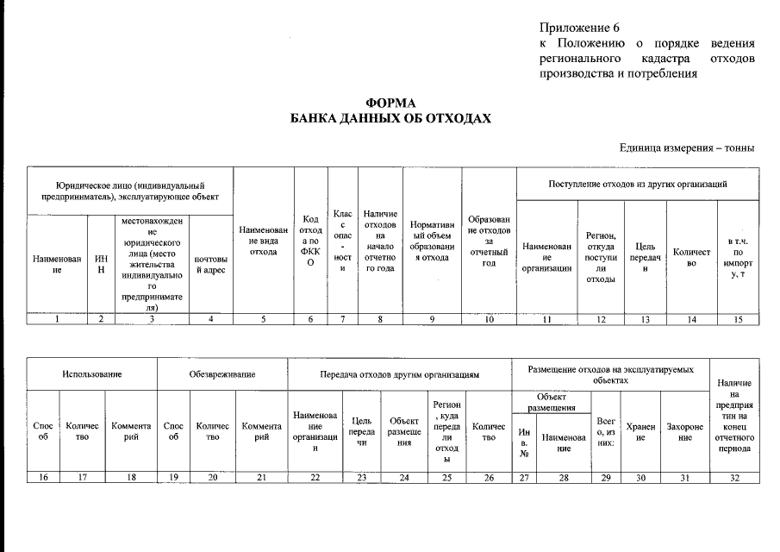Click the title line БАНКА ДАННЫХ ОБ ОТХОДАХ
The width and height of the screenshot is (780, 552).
click(x=390, y=119)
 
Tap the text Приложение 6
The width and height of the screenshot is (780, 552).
click(x=579, y=28)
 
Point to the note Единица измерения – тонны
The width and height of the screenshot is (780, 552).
click(x=687, y=148)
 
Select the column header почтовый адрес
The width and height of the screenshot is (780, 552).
click(x=211, y=264)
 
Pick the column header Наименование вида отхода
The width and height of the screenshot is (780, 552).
click(x=263, y=240)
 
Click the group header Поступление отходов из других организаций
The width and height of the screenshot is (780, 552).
click(x=637, y=184)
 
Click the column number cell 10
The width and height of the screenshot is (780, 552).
click(x=489, y=319)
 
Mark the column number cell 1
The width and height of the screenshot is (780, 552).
click(x=57, y=319)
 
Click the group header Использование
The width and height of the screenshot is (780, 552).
click(x=91, y=374)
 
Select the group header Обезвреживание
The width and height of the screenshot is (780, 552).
click(x=222, y=374)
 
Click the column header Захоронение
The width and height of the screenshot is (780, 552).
click(x=684, y=432)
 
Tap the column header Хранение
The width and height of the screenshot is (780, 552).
click(x=640, y=432)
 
